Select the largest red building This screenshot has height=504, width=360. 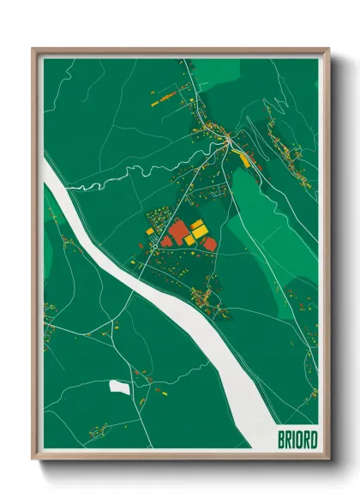coord(179,232)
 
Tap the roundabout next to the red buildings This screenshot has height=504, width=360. coord(154,244)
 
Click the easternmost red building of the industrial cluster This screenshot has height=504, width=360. coord(209,244)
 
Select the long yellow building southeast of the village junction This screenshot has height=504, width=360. coord(246,159)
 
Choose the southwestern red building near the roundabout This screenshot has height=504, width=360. coord(165,243)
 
